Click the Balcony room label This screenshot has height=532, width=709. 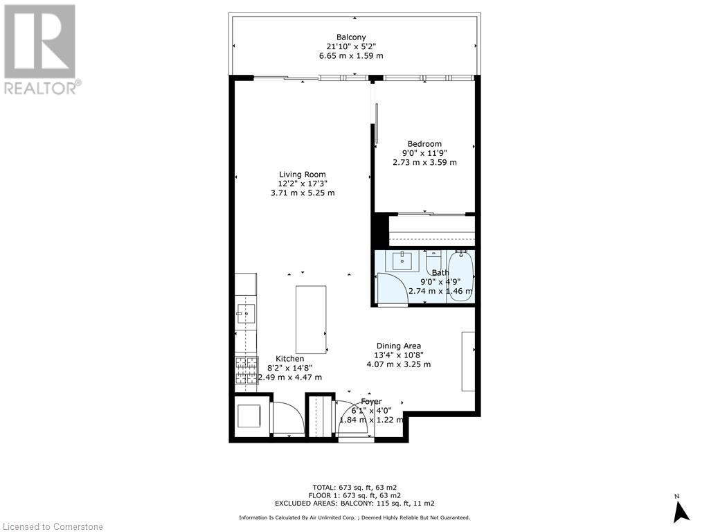[x=351, y=37]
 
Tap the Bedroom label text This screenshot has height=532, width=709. [x=424, y=144]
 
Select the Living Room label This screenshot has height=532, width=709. [x=303, y=174]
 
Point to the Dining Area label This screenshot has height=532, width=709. [x=398, y=346]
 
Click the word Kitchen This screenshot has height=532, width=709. [x=290, y=359]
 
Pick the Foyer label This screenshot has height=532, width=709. [x=371, y=401]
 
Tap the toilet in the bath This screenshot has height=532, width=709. [x=433, y=260]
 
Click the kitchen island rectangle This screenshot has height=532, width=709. [x=311, y=319]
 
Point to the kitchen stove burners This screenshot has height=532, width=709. [x=246, y=371]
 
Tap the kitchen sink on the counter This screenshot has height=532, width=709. [x=246, y=314]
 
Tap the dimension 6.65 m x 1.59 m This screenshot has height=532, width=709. [x=351, y=55]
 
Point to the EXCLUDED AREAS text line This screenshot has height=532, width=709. [x=354, y=503]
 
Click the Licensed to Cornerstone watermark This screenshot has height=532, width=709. [x=52, y=526]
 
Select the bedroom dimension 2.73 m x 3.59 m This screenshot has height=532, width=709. [x=424, y=162]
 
